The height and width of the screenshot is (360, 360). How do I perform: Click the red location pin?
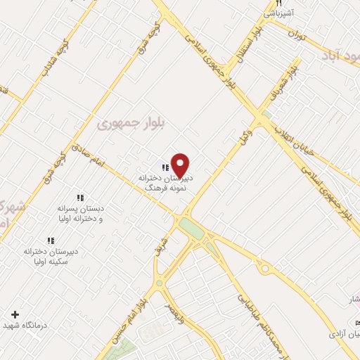(x=181, y=165)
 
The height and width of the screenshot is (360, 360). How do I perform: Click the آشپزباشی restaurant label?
(x=279, y=13)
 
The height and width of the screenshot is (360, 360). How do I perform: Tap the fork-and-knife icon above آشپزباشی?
(x=279, y=4)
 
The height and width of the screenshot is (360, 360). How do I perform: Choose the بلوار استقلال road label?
(x=251, y=45)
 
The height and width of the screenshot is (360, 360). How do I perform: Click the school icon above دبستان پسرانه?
(x=79, y=198)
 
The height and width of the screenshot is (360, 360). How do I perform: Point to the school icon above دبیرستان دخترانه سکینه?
(x=50, y=240)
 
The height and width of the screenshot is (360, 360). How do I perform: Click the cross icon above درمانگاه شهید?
(x=15, y=314)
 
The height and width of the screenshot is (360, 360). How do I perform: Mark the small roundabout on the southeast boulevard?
(x=265, y=269)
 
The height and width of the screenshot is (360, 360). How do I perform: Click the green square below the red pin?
(x=191, y=229)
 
